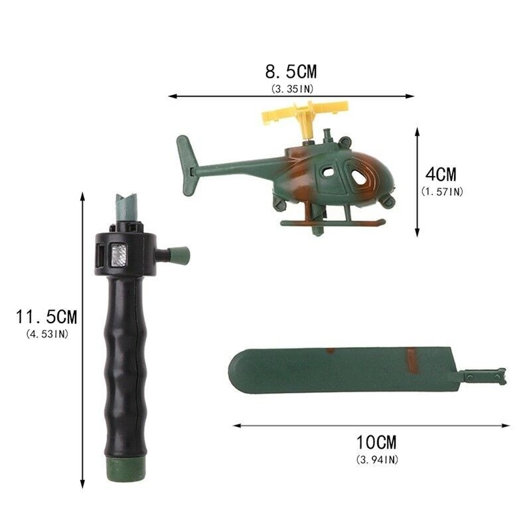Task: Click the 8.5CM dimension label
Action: point(291,72)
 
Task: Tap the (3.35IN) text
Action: point(292,89)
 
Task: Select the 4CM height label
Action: point(441,175)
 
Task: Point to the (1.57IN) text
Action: point(442,192)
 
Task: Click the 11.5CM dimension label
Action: point(46,317)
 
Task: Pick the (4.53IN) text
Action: point(47,335)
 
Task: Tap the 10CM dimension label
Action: point(376,442)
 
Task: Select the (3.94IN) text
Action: point(377,460)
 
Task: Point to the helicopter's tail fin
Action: point(187,165)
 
